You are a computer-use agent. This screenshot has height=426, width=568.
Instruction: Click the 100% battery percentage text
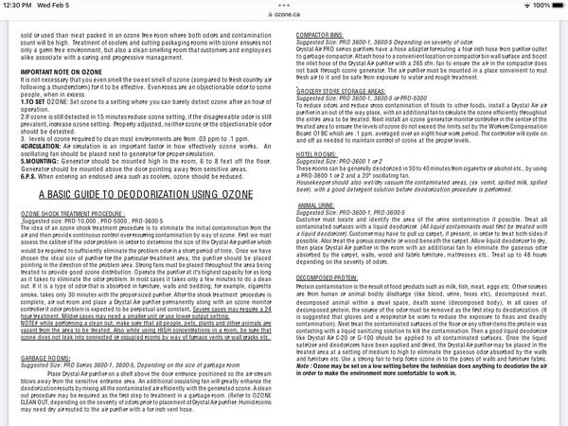click(x=532, y=5)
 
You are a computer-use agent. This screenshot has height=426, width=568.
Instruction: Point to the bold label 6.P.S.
click(x=29, y=177)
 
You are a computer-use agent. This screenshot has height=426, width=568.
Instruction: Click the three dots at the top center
click(x=283, y=5)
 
